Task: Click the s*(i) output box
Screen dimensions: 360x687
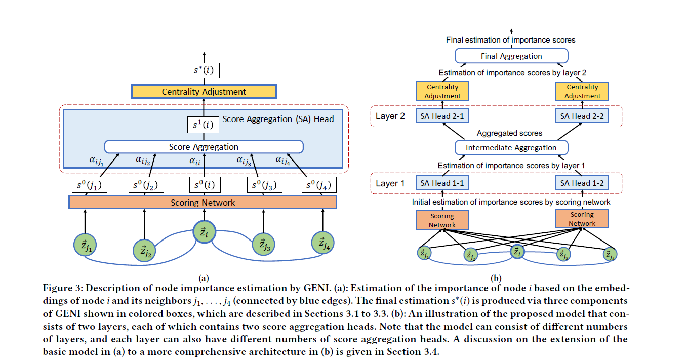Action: [204, 71]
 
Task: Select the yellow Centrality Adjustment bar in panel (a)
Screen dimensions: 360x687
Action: [204, 92]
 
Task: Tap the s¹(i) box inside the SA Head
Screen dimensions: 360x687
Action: [204, 125]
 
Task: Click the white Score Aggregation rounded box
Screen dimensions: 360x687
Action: [204, 147]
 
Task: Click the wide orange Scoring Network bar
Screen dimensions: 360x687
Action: [203, 203]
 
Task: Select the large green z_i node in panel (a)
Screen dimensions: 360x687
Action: [204, 233]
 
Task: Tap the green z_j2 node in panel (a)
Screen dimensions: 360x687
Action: [144, 249]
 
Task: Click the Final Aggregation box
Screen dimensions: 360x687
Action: [511, 56]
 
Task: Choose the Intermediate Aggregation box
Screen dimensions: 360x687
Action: [511, 148]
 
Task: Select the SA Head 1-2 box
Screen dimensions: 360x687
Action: [582, 183]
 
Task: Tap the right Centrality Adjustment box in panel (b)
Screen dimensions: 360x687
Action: [582, 92]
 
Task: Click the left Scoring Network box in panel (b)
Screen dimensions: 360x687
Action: [442, 220]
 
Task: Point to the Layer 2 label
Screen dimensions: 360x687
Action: [390, 116]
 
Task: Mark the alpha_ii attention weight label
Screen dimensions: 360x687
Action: [195, 161]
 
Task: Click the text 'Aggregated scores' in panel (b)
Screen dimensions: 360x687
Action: [509, 133]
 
